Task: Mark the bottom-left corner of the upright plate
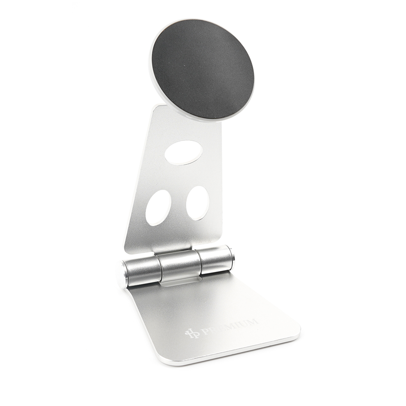click(x=126, y=249)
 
